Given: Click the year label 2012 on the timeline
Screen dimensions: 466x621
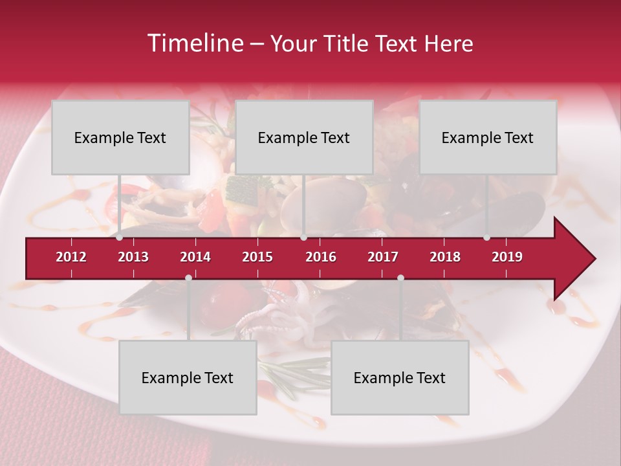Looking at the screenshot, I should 71,257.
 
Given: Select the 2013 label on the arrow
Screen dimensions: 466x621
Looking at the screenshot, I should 133,257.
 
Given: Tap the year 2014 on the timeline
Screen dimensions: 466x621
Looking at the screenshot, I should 195,257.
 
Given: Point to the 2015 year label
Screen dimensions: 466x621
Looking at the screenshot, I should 257,257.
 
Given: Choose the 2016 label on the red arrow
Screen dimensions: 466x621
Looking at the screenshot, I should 321,257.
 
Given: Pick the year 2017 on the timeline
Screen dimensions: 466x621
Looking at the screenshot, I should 383,257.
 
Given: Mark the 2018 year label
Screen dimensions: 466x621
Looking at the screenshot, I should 445,257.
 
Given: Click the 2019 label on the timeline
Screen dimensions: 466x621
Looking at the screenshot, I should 507,257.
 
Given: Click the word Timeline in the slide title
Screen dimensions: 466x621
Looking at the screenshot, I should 195,43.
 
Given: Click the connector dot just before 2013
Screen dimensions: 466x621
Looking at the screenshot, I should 119,238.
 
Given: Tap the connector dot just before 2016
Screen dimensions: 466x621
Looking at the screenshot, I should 303,238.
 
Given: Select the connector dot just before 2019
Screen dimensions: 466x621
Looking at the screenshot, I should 486,238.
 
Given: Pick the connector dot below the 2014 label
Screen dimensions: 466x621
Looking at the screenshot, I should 188,278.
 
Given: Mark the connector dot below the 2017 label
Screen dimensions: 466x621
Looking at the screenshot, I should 400,278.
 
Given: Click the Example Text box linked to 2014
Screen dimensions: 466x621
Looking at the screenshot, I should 188,378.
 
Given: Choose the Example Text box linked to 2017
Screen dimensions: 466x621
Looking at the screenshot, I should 400,378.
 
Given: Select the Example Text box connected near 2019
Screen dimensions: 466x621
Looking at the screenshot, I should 488,138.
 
